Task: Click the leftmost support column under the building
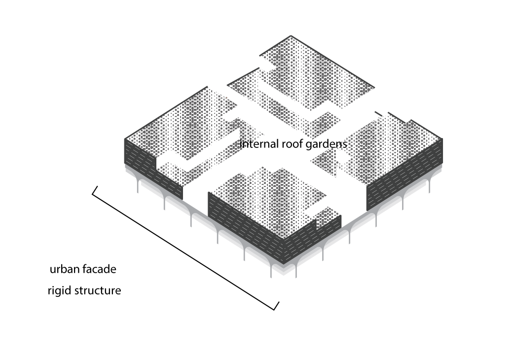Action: pos(138,187)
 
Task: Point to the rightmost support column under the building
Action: pos(429,187)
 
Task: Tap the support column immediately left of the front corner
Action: pos(271,271)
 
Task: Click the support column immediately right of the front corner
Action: pos(296,271)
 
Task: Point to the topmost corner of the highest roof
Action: pos(291,36)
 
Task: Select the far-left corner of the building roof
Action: pos(125,140)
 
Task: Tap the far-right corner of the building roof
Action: pos(442,140)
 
